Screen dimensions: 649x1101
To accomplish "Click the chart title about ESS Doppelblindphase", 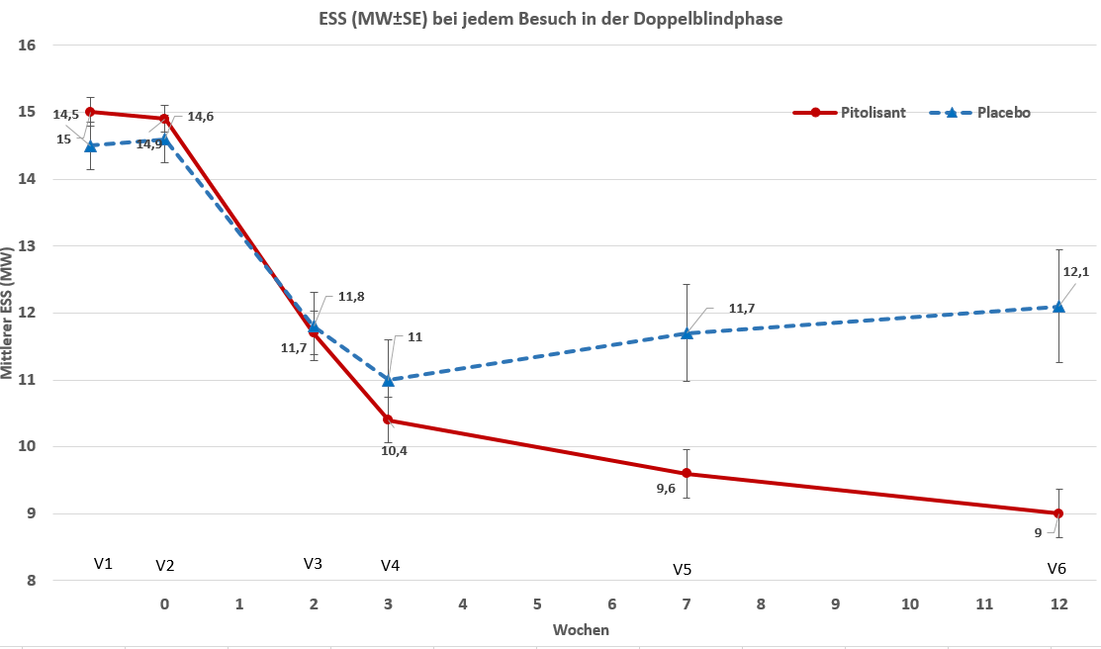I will tap(550, 19).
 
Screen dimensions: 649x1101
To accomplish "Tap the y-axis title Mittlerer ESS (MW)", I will tap(9, 313).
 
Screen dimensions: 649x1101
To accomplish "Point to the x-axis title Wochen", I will tap(581, 629).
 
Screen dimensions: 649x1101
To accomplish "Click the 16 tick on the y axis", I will tap(28, 46).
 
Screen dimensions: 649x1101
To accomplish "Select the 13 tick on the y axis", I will tap(28, 246).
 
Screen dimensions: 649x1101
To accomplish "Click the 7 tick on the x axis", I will tap(687, 603).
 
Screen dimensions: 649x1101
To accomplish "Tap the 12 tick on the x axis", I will tap(1058, 603).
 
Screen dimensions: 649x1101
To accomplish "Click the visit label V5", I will tap(683, 570).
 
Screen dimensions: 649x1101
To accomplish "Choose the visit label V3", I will tap(313, 564).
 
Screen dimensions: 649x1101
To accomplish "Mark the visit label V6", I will tap(1056, 570).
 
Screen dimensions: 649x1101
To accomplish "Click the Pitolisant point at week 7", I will tap(687, 473).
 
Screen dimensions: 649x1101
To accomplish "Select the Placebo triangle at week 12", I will tap(1058, 307).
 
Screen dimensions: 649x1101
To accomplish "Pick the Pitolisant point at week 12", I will tap(1058, 513).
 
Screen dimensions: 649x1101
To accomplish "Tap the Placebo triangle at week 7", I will tap(687, 333).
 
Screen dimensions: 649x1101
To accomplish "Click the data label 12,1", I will tap(1075, 272).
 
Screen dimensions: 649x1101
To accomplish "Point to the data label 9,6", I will tap(666, 488).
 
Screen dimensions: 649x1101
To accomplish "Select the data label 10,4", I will tap(394, 451).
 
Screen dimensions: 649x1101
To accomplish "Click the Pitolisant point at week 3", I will tap(388, 419).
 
